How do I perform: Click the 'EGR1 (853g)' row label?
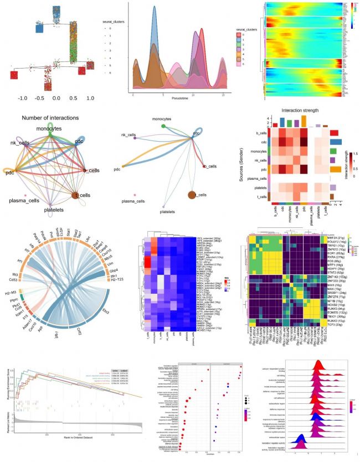coord(334,256)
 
